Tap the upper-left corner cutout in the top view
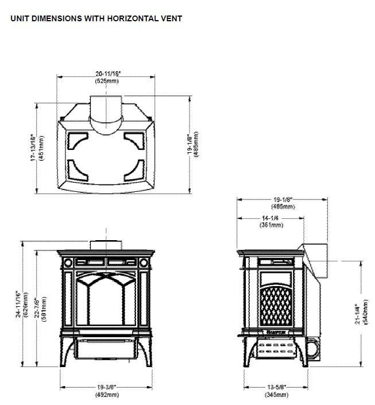point(74,140)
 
